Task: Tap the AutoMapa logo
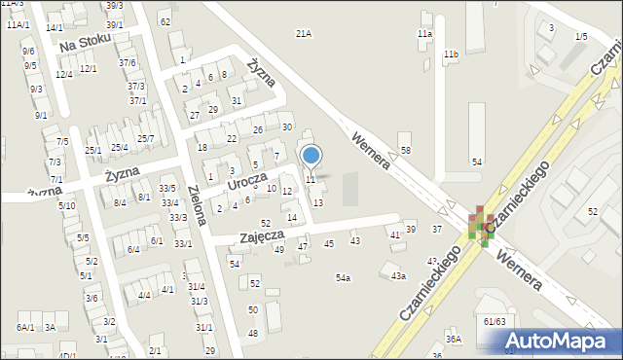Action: coord(560,340)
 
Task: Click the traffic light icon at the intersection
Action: coord(481,226)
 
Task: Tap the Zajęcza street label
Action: coord(261,236)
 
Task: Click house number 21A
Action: coord(303,34)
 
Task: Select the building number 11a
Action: coord(424,34)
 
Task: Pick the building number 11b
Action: coord(451,54)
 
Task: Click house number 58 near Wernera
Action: coord(405,150)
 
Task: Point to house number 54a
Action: coord(343,278)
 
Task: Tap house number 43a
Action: coord(398,276)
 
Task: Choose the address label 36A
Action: coord(453,339)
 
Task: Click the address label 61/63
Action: coord(494,321)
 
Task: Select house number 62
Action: coord(165,21)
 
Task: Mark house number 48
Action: coord(253,333)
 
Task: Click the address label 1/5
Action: coord(581,37)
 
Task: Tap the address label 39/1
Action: coord(114,24)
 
